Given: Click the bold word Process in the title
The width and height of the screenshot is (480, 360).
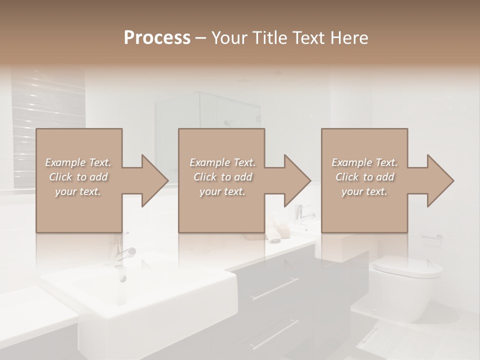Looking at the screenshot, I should [157, 38].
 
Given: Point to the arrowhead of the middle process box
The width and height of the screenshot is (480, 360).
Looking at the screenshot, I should [296, 180].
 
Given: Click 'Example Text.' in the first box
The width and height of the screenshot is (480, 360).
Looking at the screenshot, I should [78, 162].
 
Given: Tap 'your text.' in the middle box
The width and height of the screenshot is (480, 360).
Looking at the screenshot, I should [222, 191].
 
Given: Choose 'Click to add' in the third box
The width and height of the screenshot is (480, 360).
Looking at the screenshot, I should [365, 177].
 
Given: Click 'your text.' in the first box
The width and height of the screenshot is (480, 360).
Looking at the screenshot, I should [78, 191].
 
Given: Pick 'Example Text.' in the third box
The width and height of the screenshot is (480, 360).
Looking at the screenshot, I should [365, 162].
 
